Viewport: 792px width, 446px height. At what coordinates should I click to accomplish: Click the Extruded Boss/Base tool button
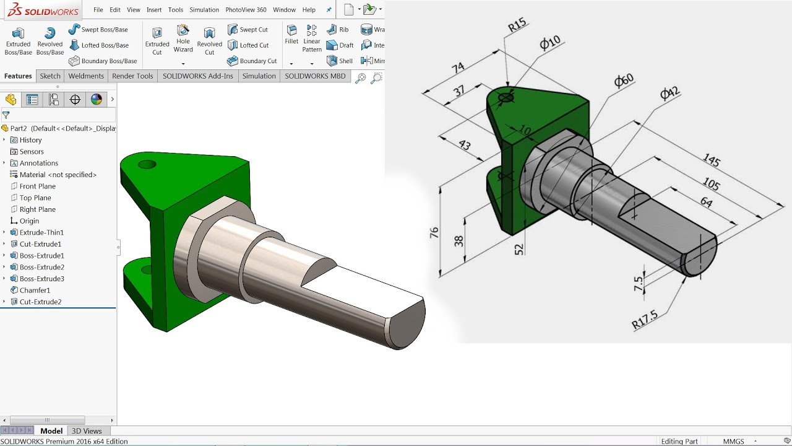pos(18,41)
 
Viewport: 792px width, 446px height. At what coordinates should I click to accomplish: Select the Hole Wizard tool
pos(183,39)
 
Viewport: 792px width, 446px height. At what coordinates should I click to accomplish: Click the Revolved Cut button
pos(209,41)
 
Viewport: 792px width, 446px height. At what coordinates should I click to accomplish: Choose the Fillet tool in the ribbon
pos(291,35)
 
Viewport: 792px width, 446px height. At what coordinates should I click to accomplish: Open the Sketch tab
pos(50,76)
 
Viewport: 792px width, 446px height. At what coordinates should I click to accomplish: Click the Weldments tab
pos(86,76)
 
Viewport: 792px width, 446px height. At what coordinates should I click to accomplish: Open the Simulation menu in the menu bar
pos(204,10)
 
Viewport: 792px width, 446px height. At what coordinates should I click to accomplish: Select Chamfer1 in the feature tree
pos(35,291)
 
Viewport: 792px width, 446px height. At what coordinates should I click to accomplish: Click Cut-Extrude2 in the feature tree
pos(40,302)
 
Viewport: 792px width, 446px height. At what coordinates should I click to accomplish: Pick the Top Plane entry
pos(35,198)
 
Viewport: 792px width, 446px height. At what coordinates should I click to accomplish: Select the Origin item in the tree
pos(29,221)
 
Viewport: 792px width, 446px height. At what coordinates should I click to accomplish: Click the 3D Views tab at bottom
pos(87,431)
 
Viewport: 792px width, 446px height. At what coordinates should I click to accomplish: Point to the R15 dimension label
pos(517,25)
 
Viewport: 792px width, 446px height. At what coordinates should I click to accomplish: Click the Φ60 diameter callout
pos(624,81)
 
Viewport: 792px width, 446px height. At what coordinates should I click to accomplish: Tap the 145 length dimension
pos(711,160)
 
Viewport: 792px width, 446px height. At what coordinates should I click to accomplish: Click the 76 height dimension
pos(434,233)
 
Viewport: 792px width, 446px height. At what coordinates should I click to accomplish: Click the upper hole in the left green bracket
pos(147,165)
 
